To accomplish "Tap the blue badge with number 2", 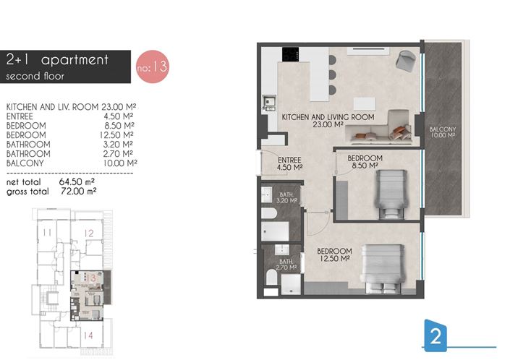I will click(435, 336).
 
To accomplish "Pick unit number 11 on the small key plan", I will click(46, 232).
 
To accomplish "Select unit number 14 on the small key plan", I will click(88, 335).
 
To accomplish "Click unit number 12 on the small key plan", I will click(88, 233).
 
